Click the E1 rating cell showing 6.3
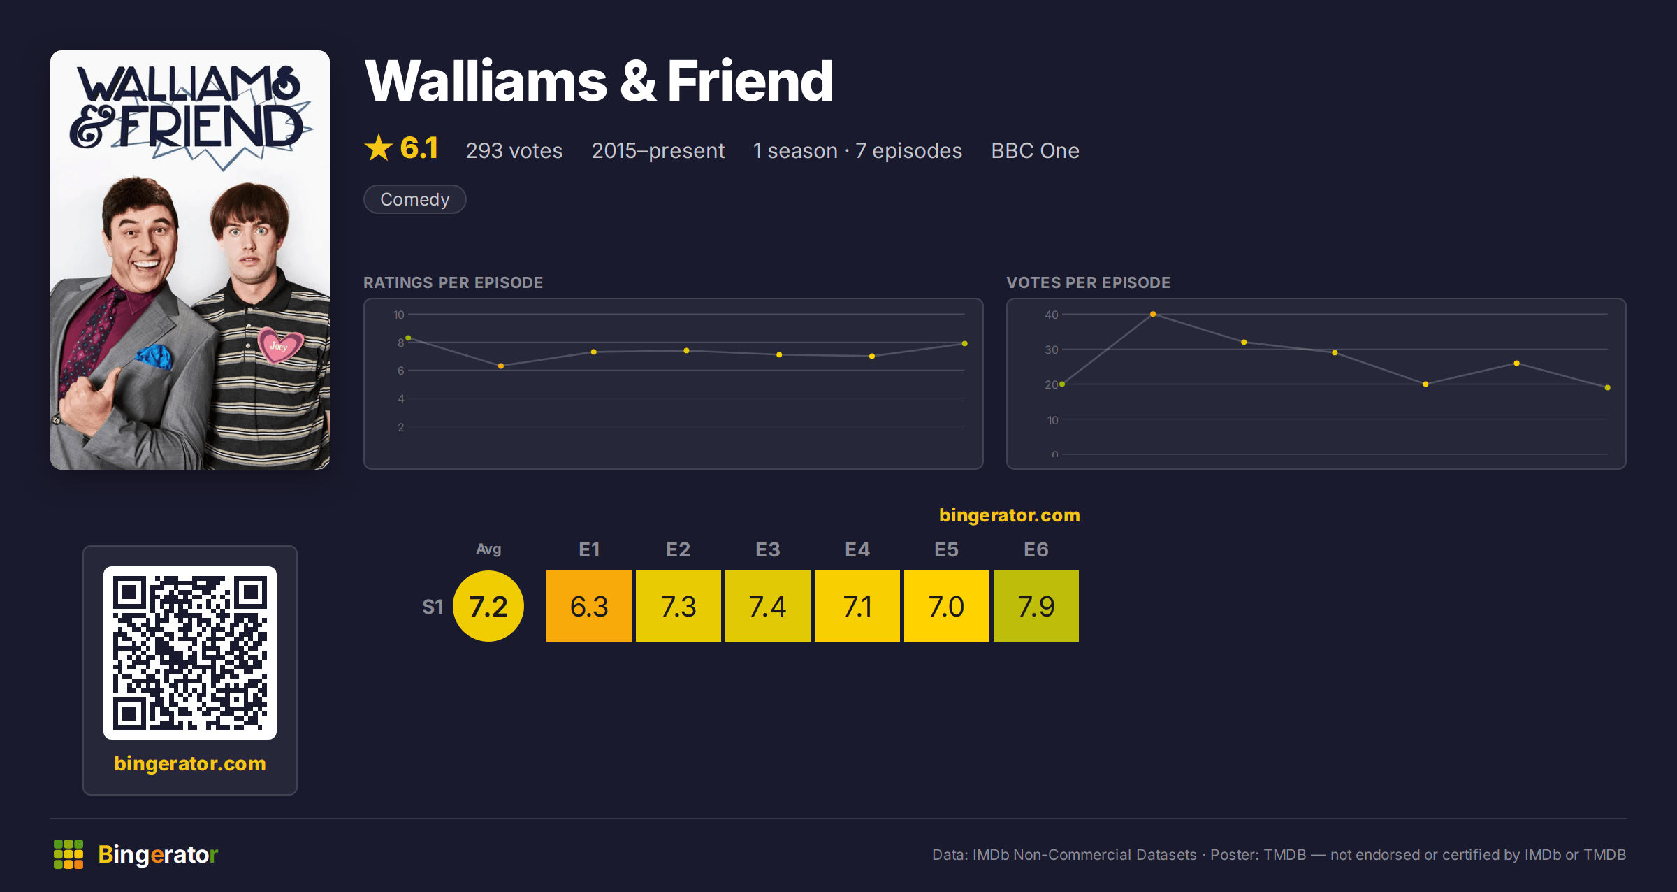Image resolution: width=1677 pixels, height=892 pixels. tap(588, 606)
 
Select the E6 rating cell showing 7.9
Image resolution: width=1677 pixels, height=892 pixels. tap(1036, 606)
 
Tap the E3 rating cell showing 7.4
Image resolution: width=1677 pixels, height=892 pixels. tap(767, 606)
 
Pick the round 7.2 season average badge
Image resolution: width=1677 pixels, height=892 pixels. tap(488, 606)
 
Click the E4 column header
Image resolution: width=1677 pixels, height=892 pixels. tap(857, 549)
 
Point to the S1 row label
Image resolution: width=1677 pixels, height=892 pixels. tap(433, 607)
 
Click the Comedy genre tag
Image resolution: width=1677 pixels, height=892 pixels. tap(415, 199)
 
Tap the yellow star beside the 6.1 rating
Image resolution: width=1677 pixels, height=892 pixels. tap(379, 148)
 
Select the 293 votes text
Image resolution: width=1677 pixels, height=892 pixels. tap(514, 150)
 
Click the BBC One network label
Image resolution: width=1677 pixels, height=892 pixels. tap(1035, 150)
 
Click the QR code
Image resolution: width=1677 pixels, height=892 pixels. tap(190, 653)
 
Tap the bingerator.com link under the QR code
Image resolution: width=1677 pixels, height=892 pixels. tap(190, 763)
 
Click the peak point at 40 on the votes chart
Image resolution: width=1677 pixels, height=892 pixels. tap(1153, 314)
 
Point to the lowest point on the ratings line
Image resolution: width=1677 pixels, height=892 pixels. tap(501, 366)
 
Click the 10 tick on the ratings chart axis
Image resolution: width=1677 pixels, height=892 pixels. tap(399, 315)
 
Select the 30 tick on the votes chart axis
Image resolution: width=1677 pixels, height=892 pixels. tap(1052, 350)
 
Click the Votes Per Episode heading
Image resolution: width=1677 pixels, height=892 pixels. tap(1088, 282)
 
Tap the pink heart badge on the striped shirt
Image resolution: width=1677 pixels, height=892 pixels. tap(281, 344)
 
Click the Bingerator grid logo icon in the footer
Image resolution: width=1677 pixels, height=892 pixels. tap(68, 854)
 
